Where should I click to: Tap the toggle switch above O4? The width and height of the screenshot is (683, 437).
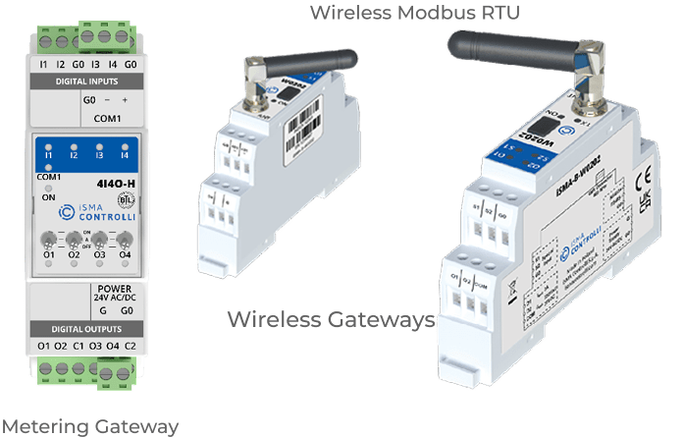[x=125, y=241]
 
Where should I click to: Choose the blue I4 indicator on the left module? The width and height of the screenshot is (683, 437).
[x=124, y=154]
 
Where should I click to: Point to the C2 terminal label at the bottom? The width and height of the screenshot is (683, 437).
[x=130, y=347]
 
